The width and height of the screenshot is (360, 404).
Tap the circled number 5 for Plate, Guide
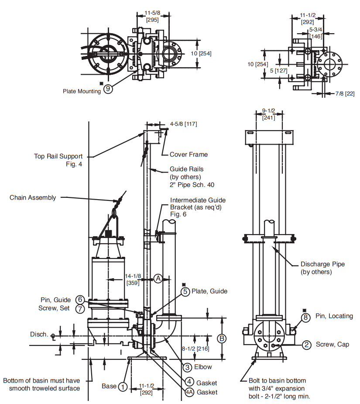(186, 292)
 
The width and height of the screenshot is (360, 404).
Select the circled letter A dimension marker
(158, 278)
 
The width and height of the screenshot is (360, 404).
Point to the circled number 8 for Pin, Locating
(305, 317)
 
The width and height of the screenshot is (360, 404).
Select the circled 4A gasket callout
(189, 392)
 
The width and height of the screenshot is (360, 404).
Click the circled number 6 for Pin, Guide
(80, 300)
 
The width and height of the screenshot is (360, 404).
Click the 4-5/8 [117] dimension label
(183, 124)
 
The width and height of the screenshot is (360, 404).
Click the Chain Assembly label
(33, 197)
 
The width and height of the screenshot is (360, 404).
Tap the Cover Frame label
(189, 154)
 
